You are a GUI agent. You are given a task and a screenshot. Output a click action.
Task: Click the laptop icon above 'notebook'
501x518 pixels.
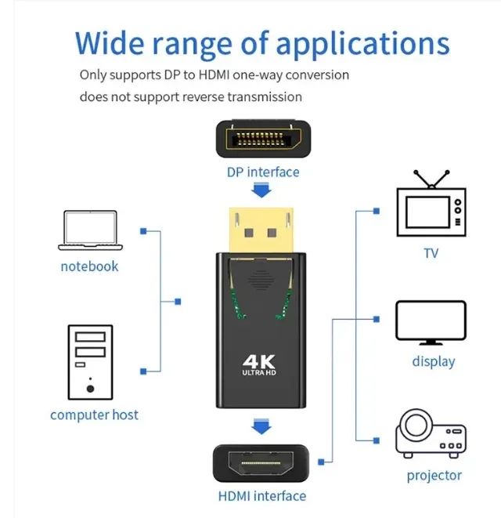click(89, 230)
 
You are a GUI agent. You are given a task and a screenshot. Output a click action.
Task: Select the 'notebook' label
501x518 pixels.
click(89, 266)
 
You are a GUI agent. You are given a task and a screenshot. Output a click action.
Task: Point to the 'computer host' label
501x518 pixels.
click(94, 415)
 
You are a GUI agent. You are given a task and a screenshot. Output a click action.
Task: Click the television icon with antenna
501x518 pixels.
click(431, 205)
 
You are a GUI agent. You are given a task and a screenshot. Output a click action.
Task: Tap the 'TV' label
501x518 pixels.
click(431, 253)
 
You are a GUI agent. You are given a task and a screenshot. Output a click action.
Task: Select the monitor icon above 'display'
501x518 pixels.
click(431, 322)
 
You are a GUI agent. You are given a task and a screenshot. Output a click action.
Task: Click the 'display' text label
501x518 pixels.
click(433, 361)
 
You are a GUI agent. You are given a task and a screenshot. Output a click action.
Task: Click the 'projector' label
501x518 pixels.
click(434, 476)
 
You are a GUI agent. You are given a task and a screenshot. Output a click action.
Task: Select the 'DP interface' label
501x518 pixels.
click(262, 172)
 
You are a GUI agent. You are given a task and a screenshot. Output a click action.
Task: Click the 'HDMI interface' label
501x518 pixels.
click(261, 495)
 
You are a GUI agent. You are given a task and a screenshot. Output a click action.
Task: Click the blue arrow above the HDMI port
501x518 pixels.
click(261, 427)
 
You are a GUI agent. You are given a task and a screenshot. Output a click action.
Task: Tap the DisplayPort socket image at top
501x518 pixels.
click(262, 141)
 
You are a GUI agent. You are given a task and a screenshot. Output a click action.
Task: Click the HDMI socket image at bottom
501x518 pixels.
click(262, 464)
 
